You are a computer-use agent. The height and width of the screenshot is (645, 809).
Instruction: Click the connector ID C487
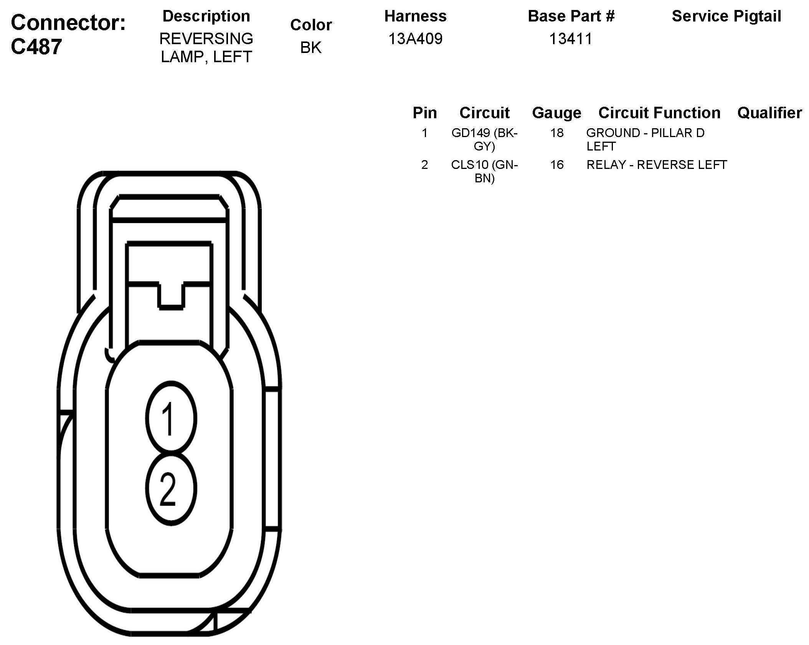tap(36, 47)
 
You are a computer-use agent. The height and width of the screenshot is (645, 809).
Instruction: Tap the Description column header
tap(206, 16)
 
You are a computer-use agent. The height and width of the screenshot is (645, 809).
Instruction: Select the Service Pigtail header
tap(726, 16)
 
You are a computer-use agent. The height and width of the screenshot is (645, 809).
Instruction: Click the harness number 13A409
tap(415, 39)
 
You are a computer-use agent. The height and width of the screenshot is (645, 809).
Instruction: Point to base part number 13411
tap(571, 39)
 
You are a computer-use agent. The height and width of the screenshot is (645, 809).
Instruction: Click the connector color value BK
tap(311, 48)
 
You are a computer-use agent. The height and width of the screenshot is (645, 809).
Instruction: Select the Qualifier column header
tap(769, 113)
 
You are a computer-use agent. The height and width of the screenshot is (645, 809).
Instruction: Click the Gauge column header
tap(556, 113)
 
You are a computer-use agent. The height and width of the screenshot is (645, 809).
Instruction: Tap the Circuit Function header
tap(659, 113)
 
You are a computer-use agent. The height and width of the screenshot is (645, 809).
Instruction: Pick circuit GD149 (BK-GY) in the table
tap(484, 139)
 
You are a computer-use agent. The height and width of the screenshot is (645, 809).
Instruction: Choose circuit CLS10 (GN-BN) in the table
tap(484, 171)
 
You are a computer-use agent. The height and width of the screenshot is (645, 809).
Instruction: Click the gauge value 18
tap(556, 133)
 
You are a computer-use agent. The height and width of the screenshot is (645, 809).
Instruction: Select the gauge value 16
tap(556, 165)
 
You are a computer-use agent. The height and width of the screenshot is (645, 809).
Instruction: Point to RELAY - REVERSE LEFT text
tap(656, 165)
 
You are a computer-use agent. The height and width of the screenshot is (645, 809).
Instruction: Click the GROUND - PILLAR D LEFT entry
tap(645, 139)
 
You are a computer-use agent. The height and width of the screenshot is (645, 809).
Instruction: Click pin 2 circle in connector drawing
tap(171, 488)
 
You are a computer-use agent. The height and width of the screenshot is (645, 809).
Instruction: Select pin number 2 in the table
tap(424, 165)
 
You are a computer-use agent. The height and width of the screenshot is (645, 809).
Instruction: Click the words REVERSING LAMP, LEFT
tap(206, 48)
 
